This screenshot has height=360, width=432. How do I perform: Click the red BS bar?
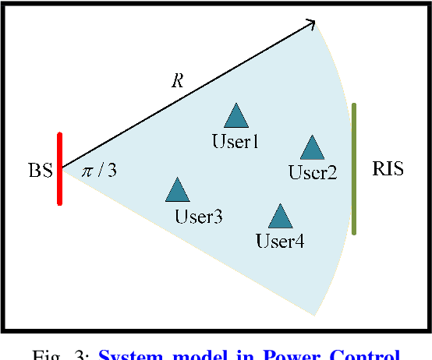click(59, 168)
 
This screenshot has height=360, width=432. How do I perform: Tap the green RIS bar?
click(354, 168)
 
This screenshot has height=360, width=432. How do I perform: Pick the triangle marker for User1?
click(235, 116)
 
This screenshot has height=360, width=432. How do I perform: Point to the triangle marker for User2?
click(312, 147)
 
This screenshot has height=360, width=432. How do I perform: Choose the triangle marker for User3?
click(178, 189)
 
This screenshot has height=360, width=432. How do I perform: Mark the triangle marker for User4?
click(279, 216)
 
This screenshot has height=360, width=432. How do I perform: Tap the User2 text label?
click(312, 172)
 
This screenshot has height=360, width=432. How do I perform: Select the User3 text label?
click(199, 217)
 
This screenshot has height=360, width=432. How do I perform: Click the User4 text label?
click(280, 241)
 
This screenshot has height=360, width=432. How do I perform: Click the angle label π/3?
click(100, 170)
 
